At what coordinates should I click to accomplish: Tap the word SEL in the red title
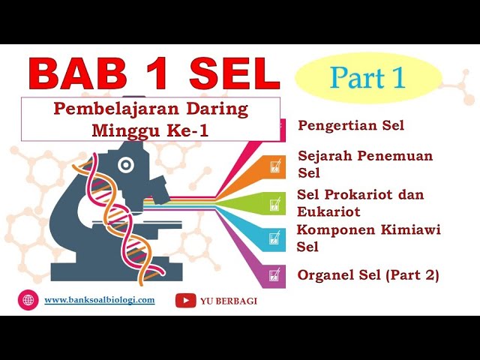tap(235, 73)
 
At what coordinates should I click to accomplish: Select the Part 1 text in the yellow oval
tap(367, 77)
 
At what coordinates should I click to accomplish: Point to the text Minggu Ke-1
tap(150, 130)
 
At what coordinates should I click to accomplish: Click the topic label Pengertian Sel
tap(351, 125)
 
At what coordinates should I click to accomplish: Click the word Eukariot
tap(328, 211)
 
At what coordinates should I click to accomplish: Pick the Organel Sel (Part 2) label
tap(368, 275)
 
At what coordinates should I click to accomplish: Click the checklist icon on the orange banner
tap(275, 166)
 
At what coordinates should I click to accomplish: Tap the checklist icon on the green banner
tap(275, 204)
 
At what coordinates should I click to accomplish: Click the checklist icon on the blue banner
tap(275, 238)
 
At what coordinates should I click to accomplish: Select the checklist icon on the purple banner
tap(275, 275)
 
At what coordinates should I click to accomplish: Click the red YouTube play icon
tap(185, 301)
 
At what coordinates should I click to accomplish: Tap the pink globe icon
tap(28, 300)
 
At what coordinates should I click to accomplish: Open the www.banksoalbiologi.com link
tap(100, 300)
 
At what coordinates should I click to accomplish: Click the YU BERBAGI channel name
tap(229, 301)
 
